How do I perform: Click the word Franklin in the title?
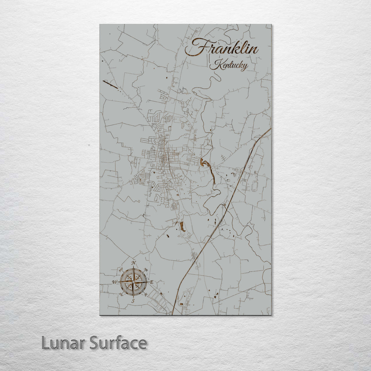click(x=222, y=48)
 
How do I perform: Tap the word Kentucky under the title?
click(x=228, y=65)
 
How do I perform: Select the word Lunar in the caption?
click(x=63, y=343)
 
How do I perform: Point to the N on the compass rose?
click(x=134, y=263)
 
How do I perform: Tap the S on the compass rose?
click(x=133, y=301)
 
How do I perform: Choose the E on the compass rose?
click(x=151, y=282)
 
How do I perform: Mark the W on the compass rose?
click(x=114, y=282)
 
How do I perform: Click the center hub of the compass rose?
click(x=133, y=282)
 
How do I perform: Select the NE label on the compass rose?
click(x=146, y=269)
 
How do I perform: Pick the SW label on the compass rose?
click(x=121, y=295)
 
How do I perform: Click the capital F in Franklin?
click(x=196, y=47)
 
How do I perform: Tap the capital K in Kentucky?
click(x=216, y=64)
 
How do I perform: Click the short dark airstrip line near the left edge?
click(x=110, y=84)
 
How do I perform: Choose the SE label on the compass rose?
click(x=146, y=295)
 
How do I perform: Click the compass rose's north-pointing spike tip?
click(x=134, y=267)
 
